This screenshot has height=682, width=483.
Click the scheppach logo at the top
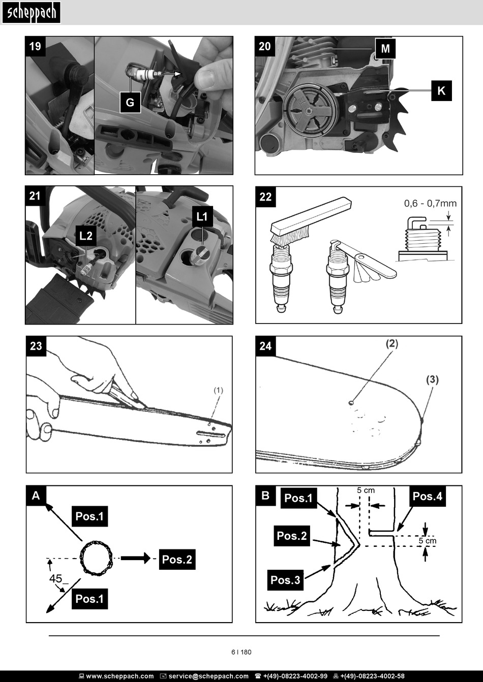pos(31,13)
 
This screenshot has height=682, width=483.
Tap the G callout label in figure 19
pos(130,102)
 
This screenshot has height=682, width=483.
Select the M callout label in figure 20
pos(385,48)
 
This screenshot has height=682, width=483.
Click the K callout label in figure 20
pos(441,91)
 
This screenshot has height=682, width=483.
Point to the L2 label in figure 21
pos(85,236)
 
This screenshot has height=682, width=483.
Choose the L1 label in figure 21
pos(202,216)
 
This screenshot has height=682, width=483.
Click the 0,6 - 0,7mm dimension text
pos(430,204)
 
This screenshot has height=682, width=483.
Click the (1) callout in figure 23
pos(218,390)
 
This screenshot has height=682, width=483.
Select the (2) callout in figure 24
pos(392,344)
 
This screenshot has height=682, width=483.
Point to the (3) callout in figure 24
pos(433,380)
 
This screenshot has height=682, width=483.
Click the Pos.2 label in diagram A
pos(177,559)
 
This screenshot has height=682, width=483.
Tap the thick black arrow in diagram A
pos(136,558)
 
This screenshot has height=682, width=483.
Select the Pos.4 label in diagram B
pos(427,496)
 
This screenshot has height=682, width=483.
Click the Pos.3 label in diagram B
pos(285,580)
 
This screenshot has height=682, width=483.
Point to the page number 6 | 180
pos(242,652)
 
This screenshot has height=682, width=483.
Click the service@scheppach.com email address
pos(208,676)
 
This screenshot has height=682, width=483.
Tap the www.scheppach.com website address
pos(120,676)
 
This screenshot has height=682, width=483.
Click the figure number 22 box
pos(265,197)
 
